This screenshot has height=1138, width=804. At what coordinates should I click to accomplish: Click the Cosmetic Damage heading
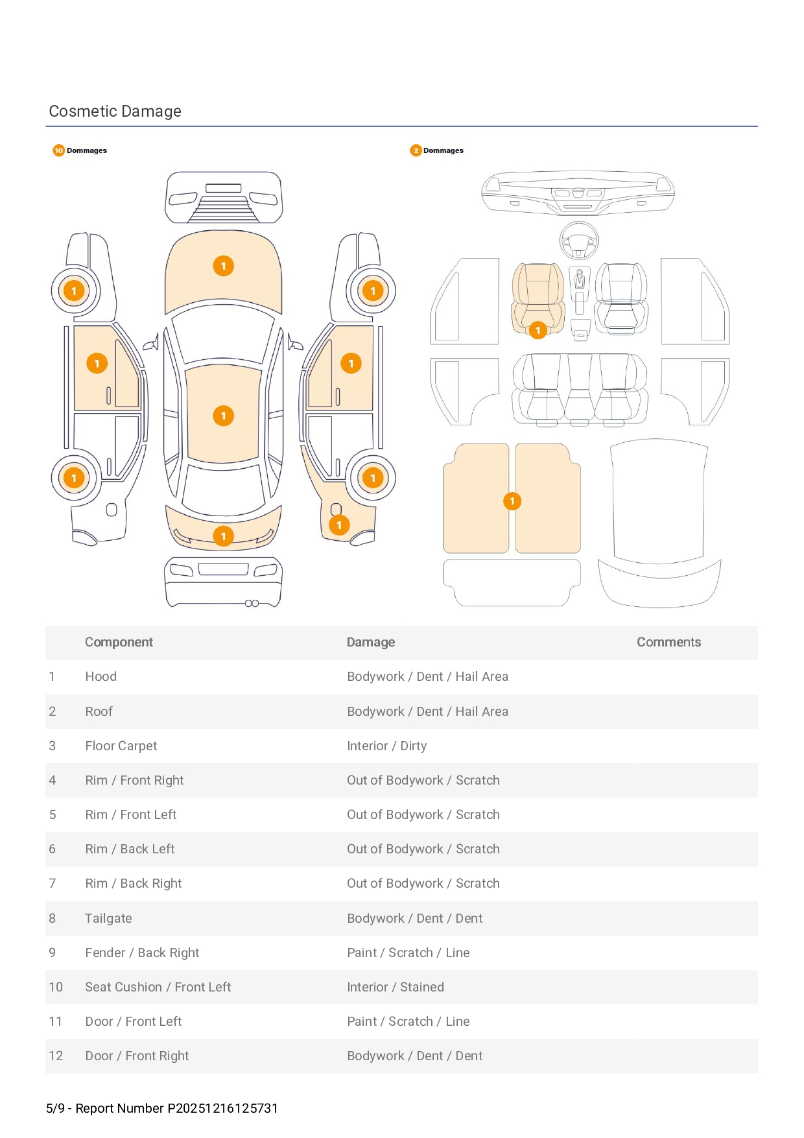tap(115, 112)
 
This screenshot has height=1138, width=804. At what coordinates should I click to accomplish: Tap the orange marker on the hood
tap(223, 266)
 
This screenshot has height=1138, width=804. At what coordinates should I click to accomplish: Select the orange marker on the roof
tap(223, 416)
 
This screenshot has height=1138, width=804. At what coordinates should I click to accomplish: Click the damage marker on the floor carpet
tap(512, 501)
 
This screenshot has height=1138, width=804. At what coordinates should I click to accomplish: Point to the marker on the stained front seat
tap(538, 330)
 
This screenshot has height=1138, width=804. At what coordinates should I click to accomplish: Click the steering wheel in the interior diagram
tap(579, 240)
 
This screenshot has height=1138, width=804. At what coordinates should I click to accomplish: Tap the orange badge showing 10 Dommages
tap(59, 150)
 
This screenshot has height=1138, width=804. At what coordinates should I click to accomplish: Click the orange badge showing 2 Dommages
tap(416, 150)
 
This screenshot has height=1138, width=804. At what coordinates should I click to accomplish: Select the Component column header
tap(119, 642)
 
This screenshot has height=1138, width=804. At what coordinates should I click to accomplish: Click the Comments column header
tap(668, 642)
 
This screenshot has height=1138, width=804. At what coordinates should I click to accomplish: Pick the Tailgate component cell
tap(108, 918)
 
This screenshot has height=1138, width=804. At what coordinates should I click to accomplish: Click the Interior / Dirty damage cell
tap(386, 746)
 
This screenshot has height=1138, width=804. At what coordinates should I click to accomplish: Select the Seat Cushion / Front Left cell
tap(158, 987)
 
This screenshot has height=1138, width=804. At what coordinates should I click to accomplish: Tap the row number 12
tap(56, 1056)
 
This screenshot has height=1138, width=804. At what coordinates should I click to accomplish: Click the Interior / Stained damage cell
tap(396, 987)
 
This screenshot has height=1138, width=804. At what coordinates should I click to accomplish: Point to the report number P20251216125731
tap(222, 1108)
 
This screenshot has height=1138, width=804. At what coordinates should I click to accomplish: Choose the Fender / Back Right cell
tap(142, 953)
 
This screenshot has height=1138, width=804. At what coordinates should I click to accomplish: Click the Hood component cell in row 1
tap(100, 676)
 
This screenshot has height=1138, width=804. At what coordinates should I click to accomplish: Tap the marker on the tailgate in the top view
tap(223, 536)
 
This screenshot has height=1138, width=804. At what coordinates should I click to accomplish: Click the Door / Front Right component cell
tap(137, 1056)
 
